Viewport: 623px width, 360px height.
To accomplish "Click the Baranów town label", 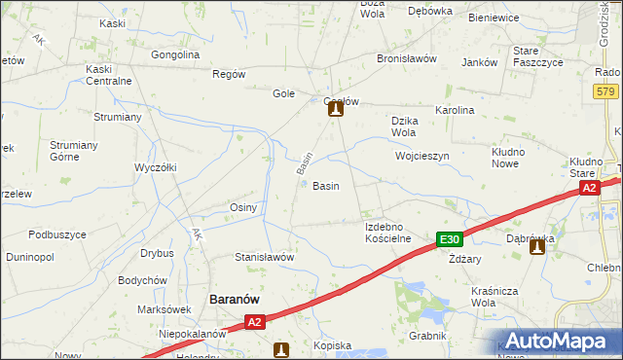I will point(234,300).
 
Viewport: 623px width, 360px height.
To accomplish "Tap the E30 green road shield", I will point(449,240).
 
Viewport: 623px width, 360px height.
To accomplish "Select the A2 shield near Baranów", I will point(254,322).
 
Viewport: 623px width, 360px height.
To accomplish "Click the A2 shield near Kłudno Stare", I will point(589,189).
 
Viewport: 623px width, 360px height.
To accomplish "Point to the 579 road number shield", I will point(605,91).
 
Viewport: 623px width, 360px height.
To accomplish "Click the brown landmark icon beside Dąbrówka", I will point(536,248).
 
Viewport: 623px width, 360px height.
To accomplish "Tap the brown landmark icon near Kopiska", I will point(281,349).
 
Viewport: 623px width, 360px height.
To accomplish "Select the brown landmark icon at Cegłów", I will point(335,110).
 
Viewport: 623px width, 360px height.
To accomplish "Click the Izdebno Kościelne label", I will point(388,233).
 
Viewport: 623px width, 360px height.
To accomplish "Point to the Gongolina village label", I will point(175,54).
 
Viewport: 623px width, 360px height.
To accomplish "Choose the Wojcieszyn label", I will point(421,156).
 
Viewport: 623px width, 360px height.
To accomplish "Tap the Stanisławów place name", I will point(264,257).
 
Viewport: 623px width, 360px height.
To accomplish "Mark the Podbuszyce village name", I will point(57,234).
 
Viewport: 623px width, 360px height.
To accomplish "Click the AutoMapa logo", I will point(558,342).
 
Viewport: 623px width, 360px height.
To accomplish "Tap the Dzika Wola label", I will point(404,126).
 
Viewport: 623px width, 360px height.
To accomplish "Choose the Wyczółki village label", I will point(156,166).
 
